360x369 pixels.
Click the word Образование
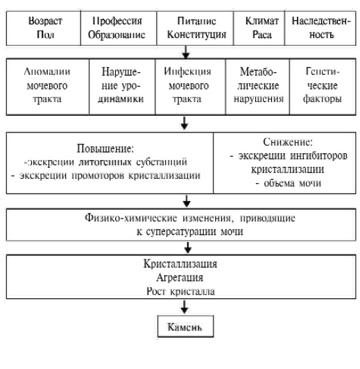[112, 33]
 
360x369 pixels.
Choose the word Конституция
[186, 33]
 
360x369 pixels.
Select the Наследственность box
[321, 27]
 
